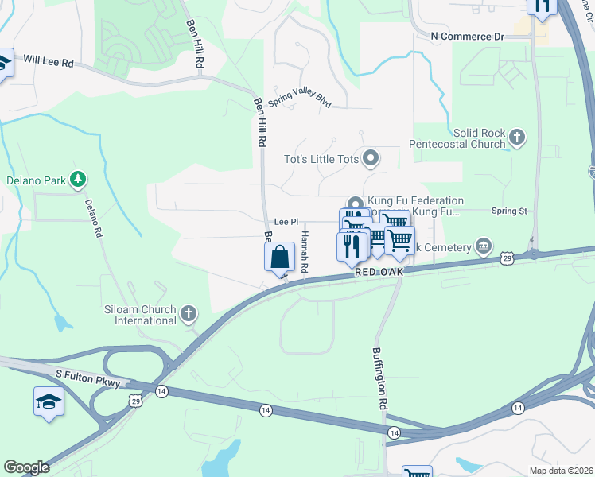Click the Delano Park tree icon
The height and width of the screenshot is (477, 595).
click(x=78, y=180)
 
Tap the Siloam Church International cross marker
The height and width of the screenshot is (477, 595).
click(x=189, y=313)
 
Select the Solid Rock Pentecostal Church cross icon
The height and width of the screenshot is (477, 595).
click(x=517, y=138)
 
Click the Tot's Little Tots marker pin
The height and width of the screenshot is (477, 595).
click(x=370, y=159)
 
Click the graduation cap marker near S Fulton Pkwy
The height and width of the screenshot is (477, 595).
click(x=48, y=401)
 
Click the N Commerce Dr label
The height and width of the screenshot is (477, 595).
click(x=468, y=37)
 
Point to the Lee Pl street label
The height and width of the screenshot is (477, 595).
click(x=286, y=223)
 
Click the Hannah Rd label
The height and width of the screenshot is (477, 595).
click(x=304, y=252)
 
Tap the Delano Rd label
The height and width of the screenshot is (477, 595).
click(x=94, y=218)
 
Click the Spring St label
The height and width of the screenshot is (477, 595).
click(x=509, y=211)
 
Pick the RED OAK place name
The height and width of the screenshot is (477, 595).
click(x=379, y=272)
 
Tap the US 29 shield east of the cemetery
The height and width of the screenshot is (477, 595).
click(x=507, y=258)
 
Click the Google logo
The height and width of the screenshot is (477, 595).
click(x=26, y=467)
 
